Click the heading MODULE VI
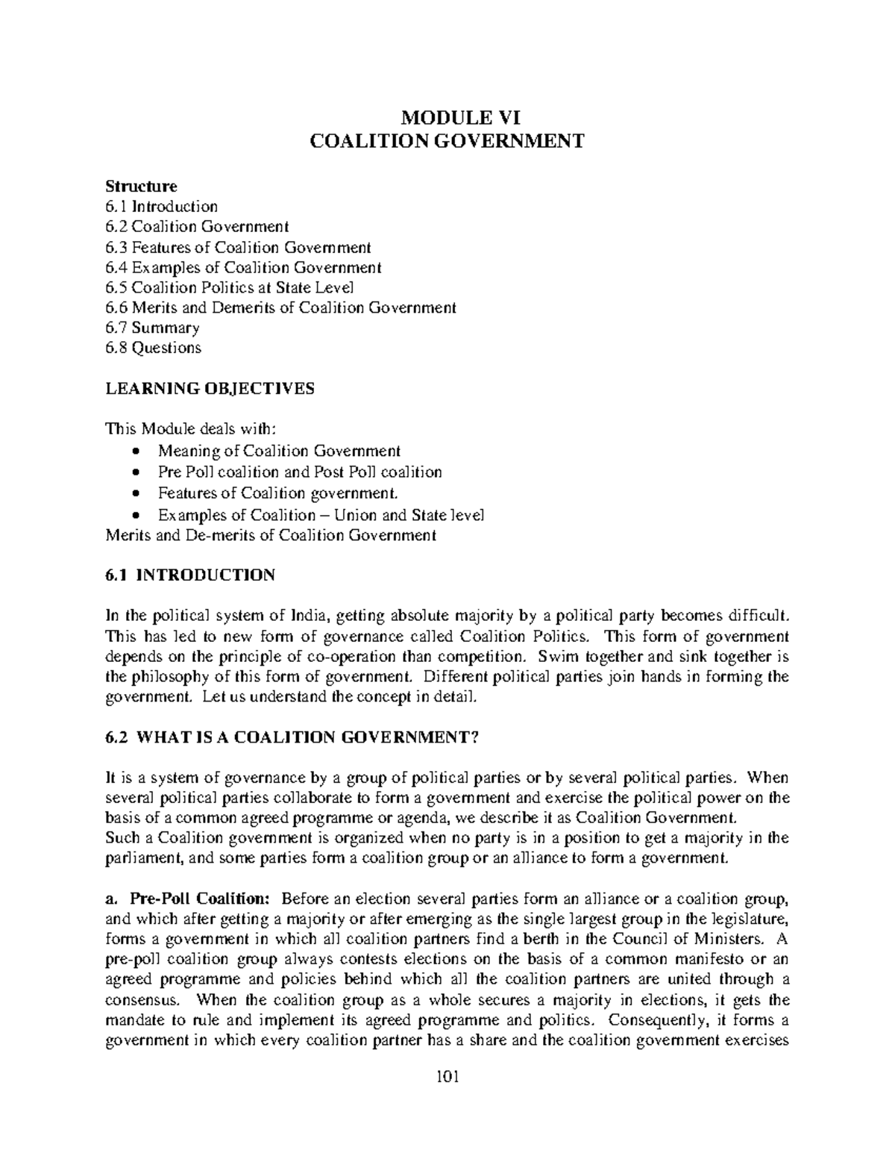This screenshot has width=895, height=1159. tap(447, 117)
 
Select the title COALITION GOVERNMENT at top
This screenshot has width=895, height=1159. tap(447, 141)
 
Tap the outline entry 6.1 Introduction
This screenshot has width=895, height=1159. tap(161, 206)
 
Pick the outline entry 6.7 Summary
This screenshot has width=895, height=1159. tap(152, 328)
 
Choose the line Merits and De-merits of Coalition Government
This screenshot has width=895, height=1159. tap(271, 535)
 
